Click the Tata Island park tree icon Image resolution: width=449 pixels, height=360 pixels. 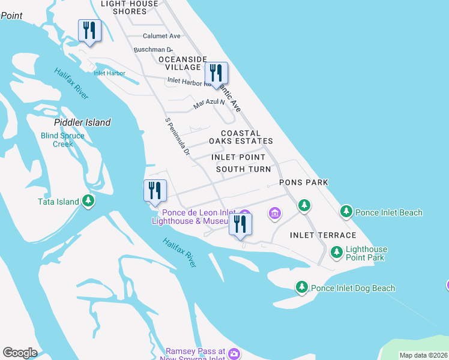pos(89,201)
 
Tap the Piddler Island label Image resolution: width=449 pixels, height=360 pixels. pos(83,122)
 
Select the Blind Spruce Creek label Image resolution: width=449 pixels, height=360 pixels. pos(62,140)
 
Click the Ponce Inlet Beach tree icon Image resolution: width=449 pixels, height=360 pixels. pos(346,212)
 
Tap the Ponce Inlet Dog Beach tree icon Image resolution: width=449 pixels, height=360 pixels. pos(302,288)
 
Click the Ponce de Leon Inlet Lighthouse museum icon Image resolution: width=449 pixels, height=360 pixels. pos(244,215)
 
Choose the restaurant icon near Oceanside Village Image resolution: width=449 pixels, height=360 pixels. pos(216,73)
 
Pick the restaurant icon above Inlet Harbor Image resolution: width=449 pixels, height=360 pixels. pos(89,31)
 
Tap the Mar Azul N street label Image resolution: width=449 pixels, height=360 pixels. pos(208,103)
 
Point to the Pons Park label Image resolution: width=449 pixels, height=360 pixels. pos(304,182)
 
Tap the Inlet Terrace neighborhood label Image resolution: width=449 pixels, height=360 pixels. pos(323,235)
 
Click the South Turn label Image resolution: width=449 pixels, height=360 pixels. pos(243,169)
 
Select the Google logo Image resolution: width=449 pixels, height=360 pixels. pos(20,353)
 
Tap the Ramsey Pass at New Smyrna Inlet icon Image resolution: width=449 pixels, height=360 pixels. pos(234,354)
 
